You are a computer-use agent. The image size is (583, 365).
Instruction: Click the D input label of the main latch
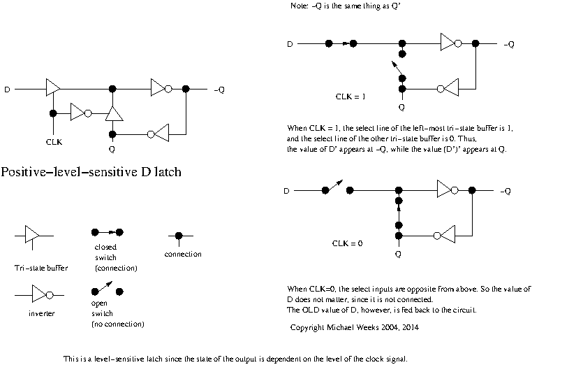coord(8,90)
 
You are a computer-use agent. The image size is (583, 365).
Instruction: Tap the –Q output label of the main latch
coord(219,90)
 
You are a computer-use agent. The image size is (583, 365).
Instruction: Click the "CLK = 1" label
coord(351,96)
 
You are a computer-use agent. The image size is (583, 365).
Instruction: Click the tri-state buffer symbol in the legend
coord(32,236)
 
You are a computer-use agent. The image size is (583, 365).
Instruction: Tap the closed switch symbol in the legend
coord(107,231)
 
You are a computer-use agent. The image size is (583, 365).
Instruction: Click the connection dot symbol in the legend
coord(179,236)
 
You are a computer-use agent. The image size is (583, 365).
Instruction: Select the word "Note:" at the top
coord(299,6)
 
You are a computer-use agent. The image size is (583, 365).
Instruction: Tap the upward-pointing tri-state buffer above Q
coord(112,113)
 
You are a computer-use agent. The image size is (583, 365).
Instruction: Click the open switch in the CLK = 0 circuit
coord(338,189)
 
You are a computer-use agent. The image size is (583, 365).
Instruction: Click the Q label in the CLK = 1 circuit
coord(401,107)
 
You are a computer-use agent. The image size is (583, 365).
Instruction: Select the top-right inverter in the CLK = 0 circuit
coord(447,190)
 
